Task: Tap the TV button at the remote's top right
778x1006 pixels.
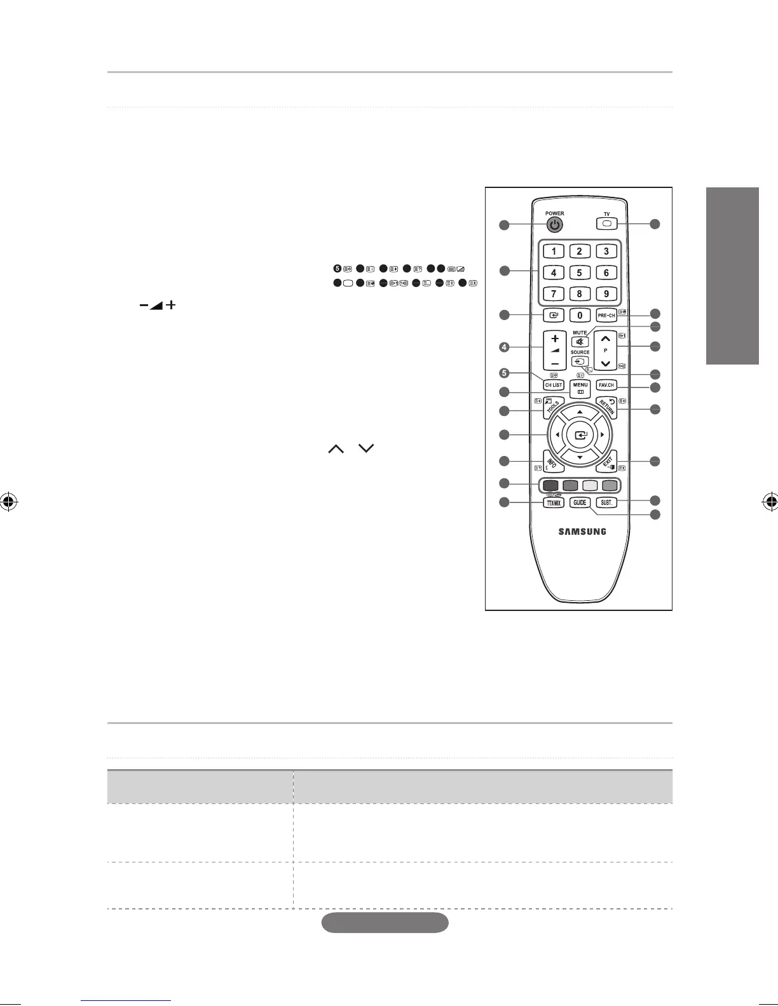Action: click(606, 224)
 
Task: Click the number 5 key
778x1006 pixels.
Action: click(580, 272)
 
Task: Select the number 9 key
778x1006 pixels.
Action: click(606, 294)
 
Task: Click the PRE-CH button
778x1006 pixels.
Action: click(606, 315)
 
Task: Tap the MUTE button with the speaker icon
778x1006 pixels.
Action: click(580, 342)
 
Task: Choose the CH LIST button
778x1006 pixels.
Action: click(554, 385)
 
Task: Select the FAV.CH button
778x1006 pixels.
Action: click(606, 386)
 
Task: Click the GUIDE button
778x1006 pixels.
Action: click(580, 502)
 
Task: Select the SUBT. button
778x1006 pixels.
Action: click(607, 502)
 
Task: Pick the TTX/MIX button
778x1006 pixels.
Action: click(553, 502)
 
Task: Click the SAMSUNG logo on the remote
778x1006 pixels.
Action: click(582, 532)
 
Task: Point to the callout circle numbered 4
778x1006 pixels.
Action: click(504, 347)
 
